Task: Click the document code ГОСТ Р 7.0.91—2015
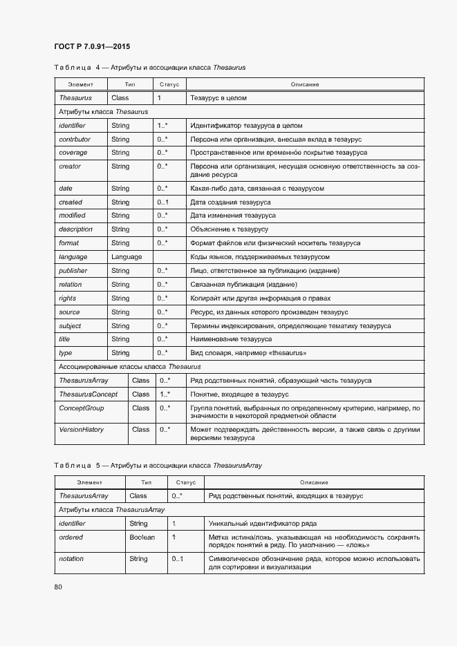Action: coord(91,47)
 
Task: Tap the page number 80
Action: coord(58,587)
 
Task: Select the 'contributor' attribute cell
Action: coord(75,139)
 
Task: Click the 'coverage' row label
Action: coord(73,153)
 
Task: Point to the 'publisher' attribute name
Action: coord(73,271)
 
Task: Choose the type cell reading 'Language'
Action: coord(127,257)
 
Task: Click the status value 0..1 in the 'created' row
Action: coord(162,202)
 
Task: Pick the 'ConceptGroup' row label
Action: coord(82,408)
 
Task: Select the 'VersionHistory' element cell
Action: coord(82,430)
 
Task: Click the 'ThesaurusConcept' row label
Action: coord(88,395)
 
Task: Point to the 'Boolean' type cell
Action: coord(142,537)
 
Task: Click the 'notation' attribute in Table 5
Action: coord(71,558)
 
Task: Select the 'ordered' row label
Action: coord(71,537)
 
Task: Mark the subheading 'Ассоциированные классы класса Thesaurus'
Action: coord(130,367)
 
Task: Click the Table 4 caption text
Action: coord(149,68)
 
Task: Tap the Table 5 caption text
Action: coord(158,466)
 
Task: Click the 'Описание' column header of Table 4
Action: coord(304,84)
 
